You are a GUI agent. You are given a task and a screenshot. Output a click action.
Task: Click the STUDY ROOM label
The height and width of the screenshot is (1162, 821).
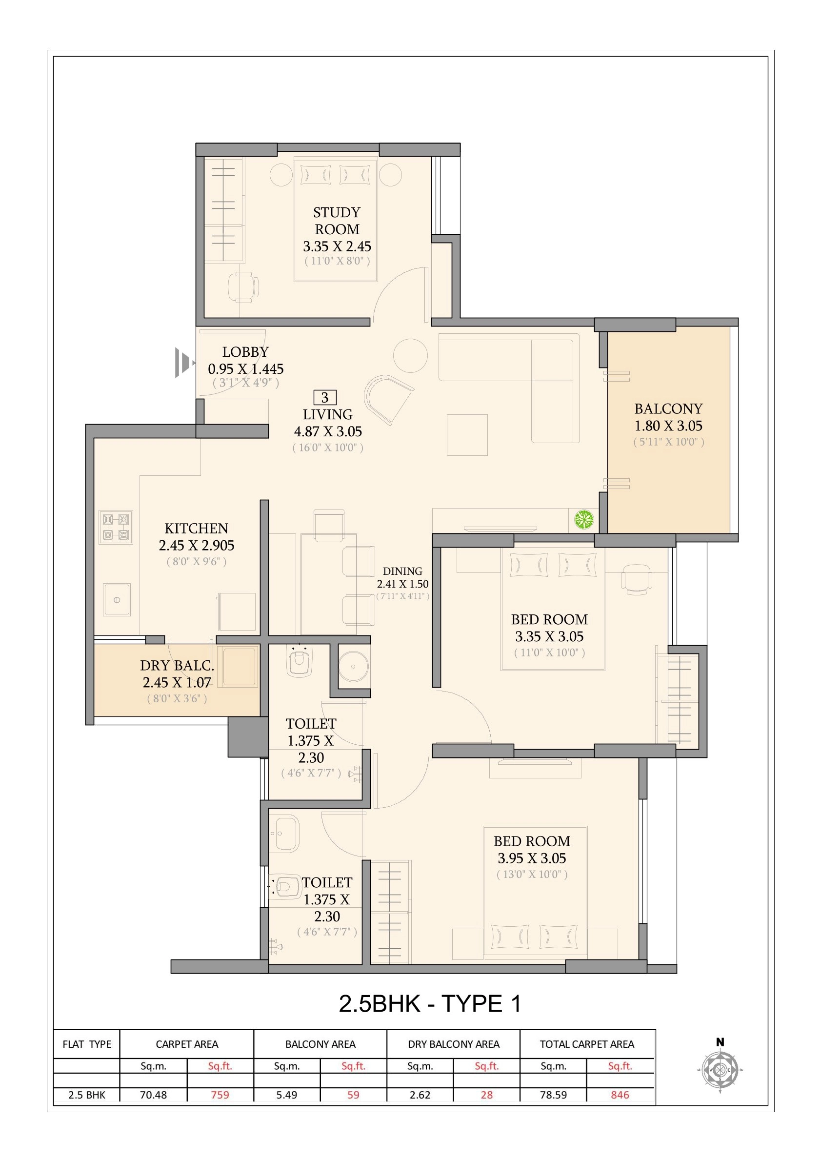337,221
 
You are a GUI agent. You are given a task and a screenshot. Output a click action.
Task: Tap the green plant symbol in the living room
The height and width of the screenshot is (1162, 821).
584,519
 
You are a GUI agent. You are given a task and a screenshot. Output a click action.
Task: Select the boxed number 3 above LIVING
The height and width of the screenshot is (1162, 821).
325,397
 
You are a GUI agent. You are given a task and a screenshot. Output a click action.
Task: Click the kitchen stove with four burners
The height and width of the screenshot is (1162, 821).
116,527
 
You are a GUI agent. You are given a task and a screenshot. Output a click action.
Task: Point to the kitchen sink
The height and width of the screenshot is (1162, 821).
117,600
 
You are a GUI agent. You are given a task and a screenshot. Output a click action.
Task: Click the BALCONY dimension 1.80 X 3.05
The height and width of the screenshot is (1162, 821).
668,426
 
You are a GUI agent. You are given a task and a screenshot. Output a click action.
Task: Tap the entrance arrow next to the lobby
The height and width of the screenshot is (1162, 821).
183,363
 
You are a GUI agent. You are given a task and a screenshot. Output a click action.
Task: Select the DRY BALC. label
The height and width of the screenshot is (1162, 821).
177,666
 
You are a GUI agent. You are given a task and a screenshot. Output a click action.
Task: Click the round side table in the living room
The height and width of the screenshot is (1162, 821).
410,355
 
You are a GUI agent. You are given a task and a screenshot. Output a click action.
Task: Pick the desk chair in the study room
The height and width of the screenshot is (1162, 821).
243,287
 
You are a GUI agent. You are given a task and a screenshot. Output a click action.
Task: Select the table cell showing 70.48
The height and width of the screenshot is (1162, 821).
153,1095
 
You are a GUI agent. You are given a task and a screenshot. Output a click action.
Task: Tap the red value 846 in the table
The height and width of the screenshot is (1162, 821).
620,1095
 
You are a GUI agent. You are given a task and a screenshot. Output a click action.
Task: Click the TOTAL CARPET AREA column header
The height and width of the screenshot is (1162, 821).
587,1044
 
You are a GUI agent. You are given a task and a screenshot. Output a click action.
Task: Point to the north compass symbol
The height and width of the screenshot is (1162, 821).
720,1069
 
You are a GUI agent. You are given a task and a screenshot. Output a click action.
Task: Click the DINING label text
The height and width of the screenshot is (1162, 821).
402,571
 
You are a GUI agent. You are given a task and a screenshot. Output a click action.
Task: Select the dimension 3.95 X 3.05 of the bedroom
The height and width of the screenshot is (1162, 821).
532,858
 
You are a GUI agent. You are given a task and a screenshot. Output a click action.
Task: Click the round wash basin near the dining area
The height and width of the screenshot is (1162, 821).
353,666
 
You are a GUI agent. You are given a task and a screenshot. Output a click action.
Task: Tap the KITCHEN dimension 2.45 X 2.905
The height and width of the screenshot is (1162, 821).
196,545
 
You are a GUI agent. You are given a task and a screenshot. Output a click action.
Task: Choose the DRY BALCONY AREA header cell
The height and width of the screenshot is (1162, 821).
453,1044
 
